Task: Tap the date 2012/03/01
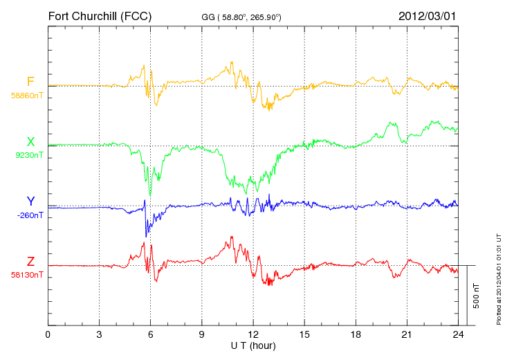point(428,15)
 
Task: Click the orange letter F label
point(30,82)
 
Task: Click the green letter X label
point(30,142)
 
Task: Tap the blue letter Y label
point(30,201)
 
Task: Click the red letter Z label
point(30,262)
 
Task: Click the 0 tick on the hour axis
point(48,334)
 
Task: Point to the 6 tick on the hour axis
point(151,334)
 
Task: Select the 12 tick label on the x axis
point(253,334)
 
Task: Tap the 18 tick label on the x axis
point(356,334)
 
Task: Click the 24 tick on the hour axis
point(458,334)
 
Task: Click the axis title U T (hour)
point(253,345)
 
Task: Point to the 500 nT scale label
point(477,295)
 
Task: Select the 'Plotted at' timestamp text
point(498,280)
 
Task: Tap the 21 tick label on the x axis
point(407,334)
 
